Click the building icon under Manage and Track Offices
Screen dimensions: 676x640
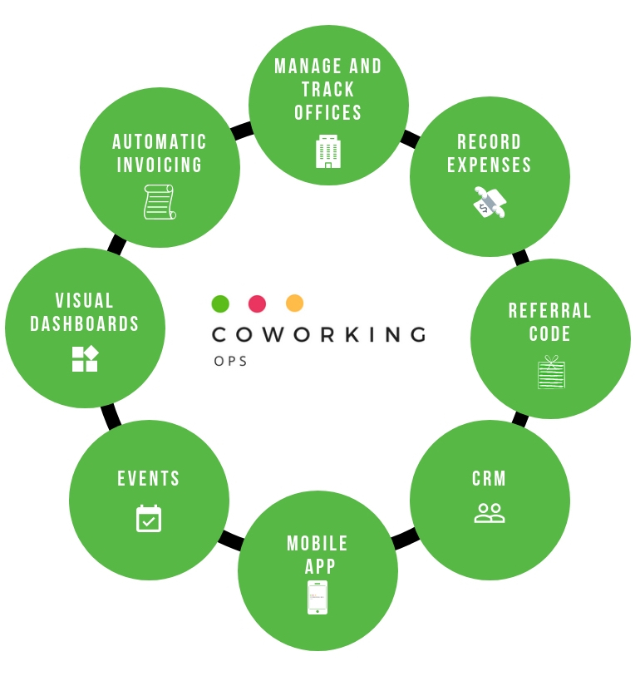(x=328, y=151)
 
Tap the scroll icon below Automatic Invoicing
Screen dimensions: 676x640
(x=160, y=202)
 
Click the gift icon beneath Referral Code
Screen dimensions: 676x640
(x=550, y=373)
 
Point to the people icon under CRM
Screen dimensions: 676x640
(x=490, y=513)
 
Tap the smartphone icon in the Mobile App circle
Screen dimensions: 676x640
(x=318, y=597)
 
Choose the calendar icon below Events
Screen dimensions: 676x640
(x=149, y=518)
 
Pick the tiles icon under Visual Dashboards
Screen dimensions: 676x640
(x=85, y=358)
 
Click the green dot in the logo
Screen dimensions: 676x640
(x=220, y=303)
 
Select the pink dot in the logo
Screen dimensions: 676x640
(x=258, y=303)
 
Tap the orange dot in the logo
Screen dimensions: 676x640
(x=294, y=303)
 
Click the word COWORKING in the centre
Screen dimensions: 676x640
(x=319, y=334)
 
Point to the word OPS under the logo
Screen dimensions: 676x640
(x=230, y=361)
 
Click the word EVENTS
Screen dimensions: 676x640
(x=149, y=479)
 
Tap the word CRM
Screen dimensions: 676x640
(x=490, y=479)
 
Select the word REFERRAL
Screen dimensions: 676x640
(x=550, y=311)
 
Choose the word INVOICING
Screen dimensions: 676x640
(x=160, y=165)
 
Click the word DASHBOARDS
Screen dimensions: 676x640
(x=85, y=324)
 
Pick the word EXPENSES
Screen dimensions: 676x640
(x=490, y=165)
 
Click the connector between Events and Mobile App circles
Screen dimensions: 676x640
(x=230, y=540)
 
